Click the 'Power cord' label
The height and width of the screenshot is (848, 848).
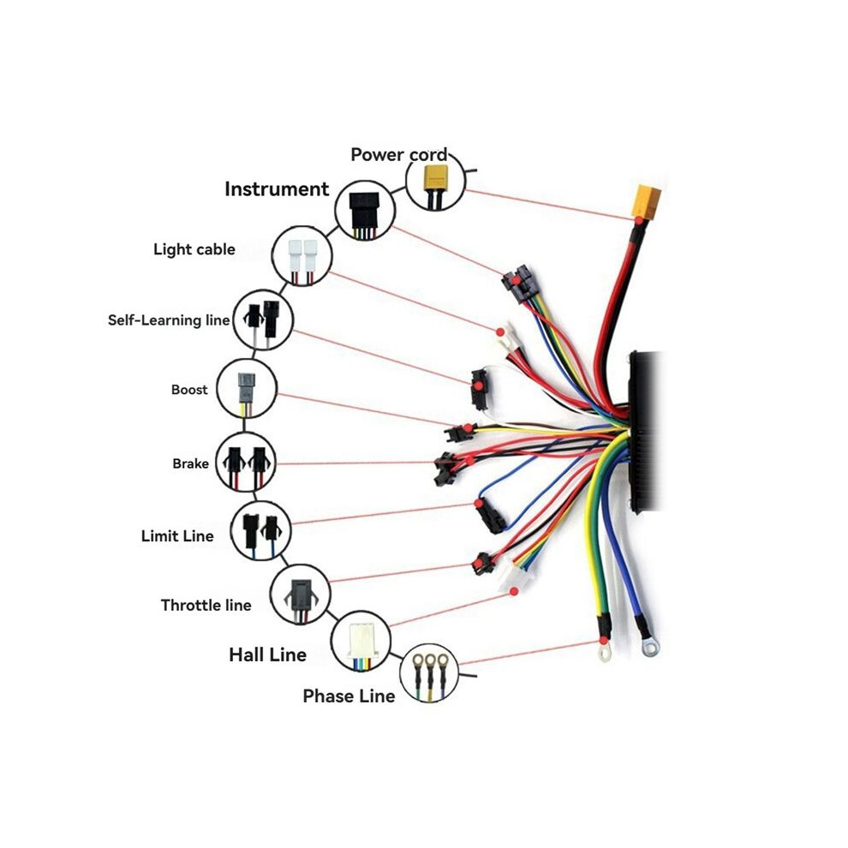pos(399,155)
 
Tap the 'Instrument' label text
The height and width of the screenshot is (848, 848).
pos(277,188)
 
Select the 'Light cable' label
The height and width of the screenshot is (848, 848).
pos(194,249)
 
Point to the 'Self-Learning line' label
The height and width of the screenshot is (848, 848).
pos(169,320)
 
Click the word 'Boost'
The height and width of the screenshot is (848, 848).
pos(189,390)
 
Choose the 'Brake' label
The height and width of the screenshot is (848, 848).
pos(190,463)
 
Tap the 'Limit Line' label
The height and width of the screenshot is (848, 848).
pos(177,536)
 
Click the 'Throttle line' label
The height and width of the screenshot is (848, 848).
pos(206,605)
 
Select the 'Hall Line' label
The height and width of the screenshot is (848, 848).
pos(268,655)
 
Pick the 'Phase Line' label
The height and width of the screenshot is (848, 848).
pos(349,696)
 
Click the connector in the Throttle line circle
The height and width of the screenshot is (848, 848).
pos(299,594)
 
